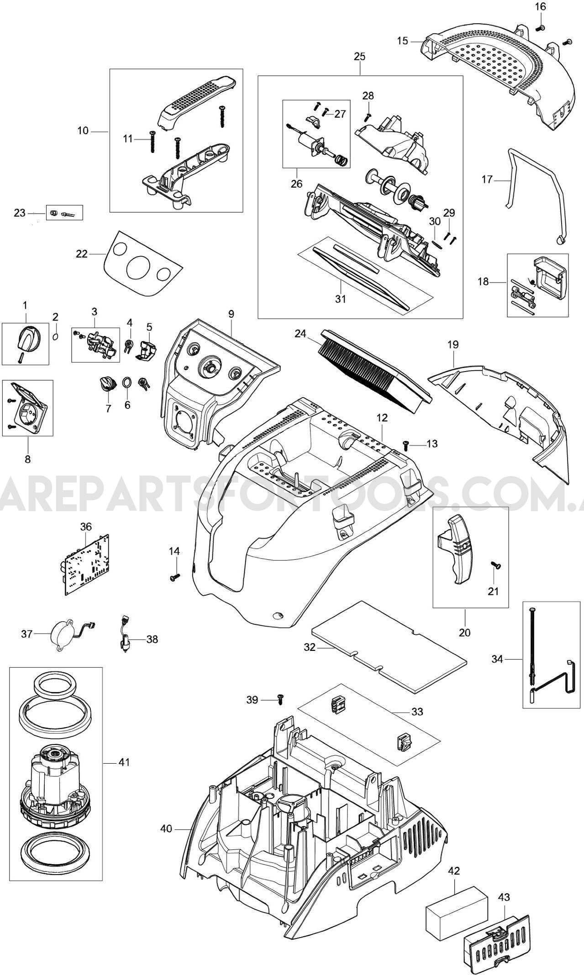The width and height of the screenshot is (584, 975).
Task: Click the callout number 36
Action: (86, 527)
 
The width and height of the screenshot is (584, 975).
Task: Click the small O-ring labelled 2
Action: (55, 336)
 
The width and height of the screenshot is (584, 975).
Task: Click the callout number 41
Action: (124, 762)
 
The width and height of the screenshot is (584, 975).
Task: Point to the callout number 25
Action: (359, 57)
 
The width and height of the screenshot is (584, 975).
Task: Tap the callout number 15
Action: (402, 41)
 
